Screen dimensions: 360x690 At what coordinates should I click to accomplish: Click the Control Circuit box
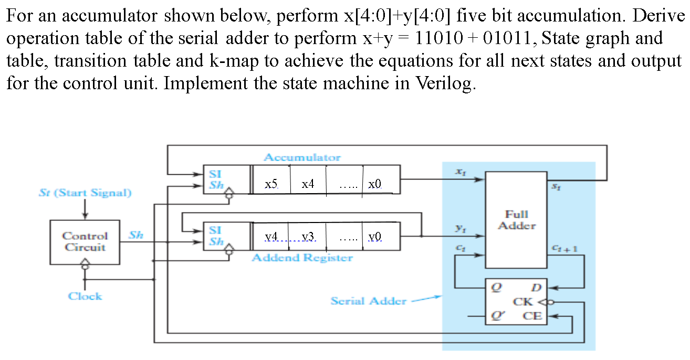(85, 242)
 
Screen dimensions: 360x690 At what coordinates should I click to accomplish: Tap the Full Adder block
(516, 220)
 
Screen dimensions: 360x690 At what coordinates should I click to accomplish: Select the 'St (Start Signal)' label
(85, 193)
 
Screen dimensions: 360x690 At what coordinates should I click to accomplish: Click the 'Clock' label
(85, 296)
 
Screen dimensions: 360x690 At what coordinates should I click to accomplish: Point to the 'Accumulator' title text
(302, 157)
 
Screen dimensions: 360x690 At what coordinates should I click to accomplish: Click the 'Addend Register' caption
(302, 258)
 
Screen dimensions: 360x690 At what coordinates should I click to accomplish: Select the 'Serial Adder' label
(368, 301)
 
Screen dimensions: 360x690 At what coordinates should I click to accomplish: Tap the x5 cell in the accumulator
(271, 184)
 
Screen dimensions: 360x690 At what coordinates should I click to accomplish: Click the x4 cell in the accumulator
(308, 184)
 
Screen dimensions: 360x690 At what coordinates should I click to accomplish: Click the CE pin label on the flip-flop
(532, 316)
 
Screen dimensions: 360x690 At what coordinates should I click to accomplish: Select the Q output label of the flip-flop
(494, 287)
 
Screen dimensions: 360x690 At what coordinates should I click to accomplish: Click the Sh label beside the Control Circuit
(136, 235)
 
